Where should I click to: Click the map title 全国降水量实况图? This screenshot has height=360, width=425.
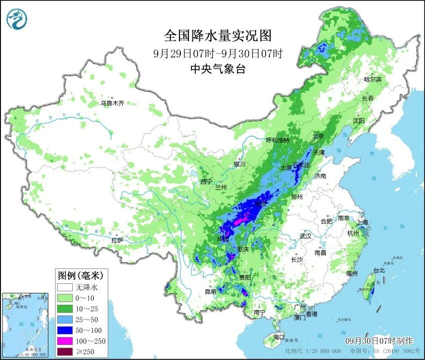218,36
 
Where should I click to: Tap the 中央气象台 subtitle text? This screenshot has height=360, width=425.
218,69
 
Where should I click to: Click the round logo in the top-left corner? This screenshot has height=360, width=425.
17,19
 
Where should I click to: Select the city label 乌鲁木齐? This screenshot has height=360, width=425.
111,103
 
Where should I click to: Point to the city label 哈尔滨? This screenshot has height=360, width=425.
372,79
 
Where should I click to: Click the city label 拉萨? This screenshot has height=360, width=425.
117,240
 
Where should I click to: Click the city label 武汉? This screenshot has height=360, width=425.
305,236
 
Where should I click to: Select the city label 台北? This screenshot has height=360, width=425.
378,270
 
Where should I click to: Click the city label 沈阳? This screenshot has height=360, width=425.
358,121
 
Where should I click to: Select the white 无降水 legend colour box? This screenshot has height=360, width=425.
65,288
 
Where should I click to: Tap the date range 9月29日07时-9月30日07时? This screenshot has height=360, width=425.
218,53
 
